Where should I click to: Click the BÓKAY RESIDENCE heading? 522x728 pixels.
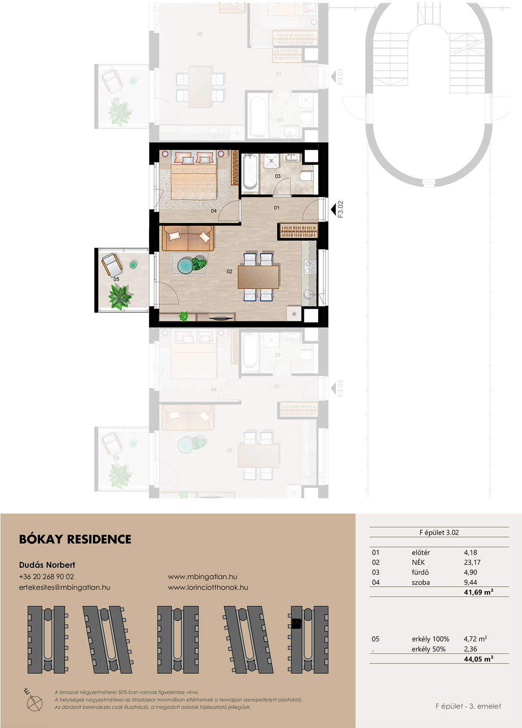[75, 539]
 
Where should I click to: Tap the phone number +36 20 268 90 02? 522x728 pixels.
[46, 577]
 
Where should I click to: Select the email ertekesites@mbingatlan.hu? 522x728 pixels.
[64, 587]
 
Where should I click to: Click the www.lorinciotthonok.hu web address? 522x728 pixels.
[208, 587]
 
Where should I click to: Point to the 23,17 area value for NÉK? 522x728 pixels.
[472, 562]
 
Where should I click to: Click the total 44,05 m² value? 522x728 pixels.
[478, 659]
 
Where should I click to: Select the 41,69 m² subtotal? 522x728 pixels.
[478, 592]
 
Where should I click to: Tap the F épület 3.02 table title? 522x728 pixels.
[439, 532]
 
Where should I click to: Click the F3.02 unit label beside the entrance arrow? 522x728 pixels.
[341, 209]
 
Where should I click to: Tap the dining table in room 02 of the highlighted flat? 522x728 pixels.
[258, 277]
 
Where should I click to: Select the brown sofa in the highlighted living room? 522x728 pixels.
[188, 238]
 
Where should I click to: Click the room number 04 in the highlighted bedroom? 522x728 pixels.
[214, 211]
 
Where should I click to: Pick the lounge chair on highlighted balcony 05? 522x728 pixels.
[112, 265]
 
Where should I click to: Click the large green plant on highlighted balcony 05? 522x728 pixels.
[120, 296]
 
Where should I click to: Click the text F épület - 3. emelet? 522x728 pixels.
[468, 706]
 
